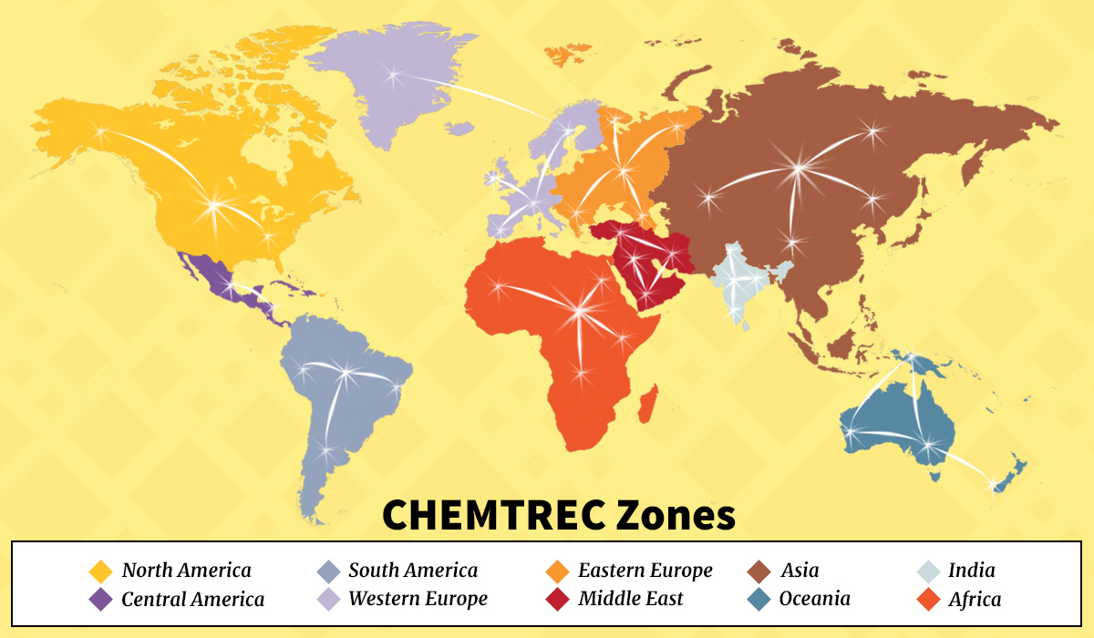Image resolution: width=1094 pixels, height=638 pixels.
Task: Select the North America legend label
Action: (x=186, y=571)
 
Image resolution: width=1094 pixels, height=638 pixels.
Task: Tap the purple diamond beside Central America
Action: (x=99, y=600)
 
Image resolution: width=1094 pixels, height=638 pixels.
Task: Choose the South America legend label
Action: (x=412, y=571)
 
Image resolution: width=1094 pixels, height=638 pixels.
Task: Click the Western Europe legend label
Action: (x=418, y=599)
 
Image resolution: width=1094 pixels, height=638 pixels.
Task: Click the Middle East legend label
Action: (x=630, y=599)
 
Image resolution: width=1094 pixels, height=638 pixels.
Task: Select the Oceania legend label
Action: (x=814, y=599)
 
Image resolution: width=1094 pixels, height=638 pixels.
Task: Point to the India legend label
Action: (x=971, y=571)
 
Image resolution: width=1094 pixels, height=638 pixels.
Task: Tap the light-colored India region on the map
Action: (x=743, y=283)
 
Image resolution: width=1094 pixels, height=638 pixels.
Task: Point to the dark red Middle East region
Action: (x=652, y=269)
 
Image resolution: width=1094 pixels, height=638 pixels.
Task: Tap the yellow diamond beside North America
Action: (x=99, y=571)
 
